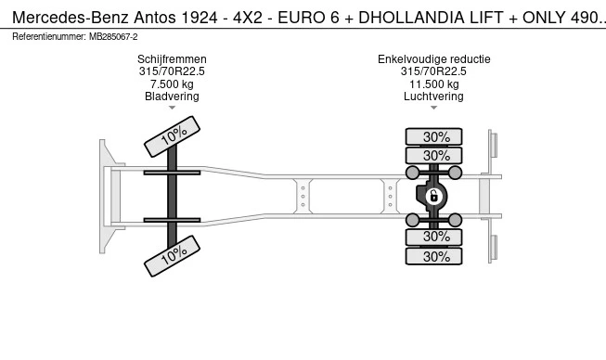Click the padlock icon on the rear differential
(x=433, y=196)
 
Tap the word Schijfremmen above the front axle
(x=172, y=59)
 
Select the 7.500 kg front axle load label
(x=172, y=84)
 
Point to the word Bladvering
(x=172, y=96)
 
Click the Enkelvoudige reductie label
(x=434, y=59)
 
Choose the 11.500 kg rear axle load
(x=434, y=84)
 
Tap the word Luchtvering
(x=433, y=96)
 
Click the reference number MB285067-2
(x=113, y=37)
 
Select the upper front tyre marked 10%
(x=172, y=136)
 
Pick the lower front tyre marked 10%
(x=172, y=256)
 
